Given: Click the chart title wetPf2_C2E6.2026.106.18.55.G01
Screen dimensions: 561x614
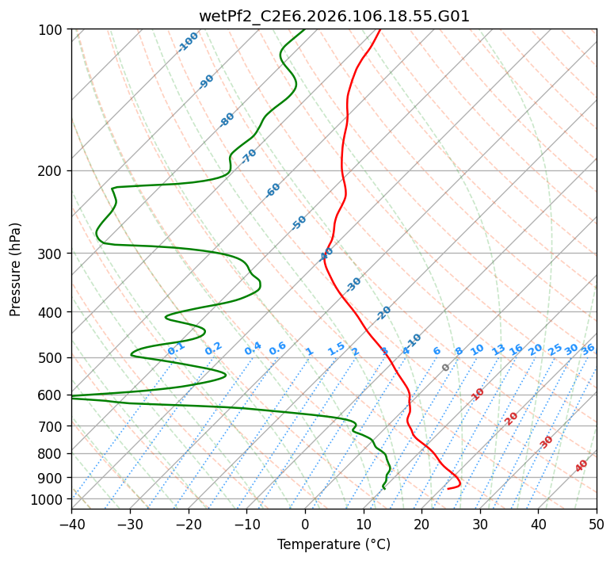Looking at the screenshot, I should (334, 16).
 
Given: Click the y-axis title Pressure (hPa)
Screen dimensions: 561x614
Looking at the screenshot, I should (16, 269).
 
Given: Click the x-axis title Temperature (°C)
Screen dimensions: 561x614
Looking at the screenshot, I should (334, 545).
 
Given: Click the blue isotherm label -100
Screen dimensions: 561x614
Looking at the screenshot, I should (189, 41).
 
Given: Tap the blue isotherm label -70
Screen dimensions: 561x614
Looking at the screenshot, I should (249, 155).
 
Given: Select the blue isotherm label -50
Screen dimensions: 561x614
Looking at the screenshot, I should (299, 223).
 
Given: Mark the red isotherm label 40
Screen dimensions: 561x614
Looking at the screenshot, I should (582, 466).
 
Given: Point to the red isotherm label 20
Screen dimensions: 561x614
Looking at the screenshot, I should (512, 418).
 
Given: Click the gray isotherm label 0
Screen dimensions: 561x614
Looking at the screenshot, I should (446, 368).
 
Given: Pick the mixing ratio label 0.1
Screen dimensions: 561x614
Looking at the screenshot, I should (176, 349).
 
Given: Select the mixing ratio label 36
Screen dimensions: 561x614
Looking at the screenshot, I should (588, 349).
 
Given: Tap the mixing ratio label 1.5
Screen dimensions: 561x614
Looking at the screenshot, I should (336, 349).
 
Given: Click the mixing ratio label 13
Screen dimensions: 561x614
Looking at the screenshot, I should (498, 349).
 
